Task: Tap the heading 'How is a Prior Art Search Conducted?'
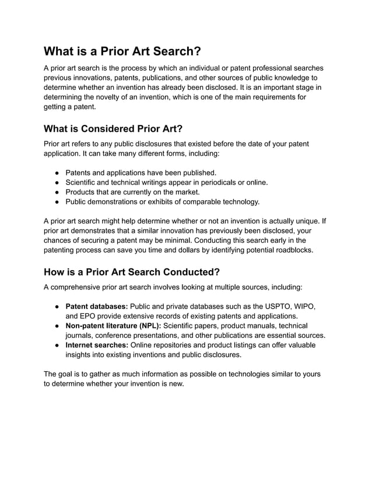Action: coord(132,272)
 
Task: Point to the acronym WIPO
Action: coord(305,307)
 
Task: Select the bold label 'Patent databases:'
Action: coord(96,307)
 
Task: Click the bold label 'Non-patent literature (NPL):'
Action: coord(113,326)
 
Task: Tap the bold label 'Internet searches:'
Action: coord(97,345)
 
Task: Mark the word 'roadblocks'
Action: coord(290,250)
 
